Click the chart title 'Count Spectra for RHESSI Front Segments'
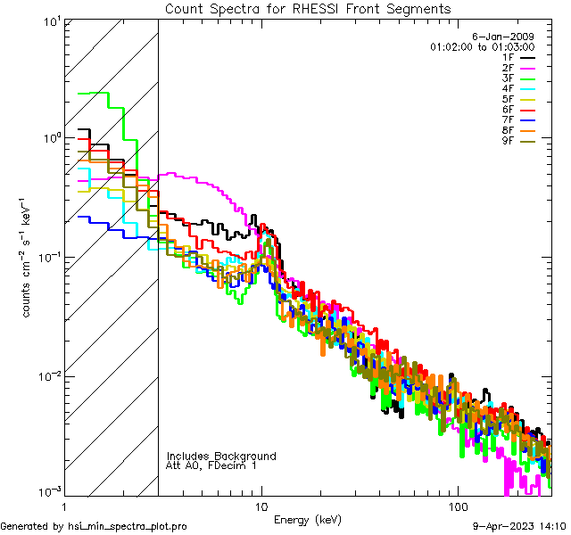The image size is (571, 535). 308,9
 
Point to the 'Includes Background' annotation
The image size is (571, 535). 221,456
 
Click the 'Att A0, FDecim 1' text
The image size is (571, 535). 211,465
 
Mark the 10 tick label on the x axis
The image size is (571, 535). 261,506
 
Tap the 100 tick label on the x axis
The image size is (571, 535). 458,506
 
